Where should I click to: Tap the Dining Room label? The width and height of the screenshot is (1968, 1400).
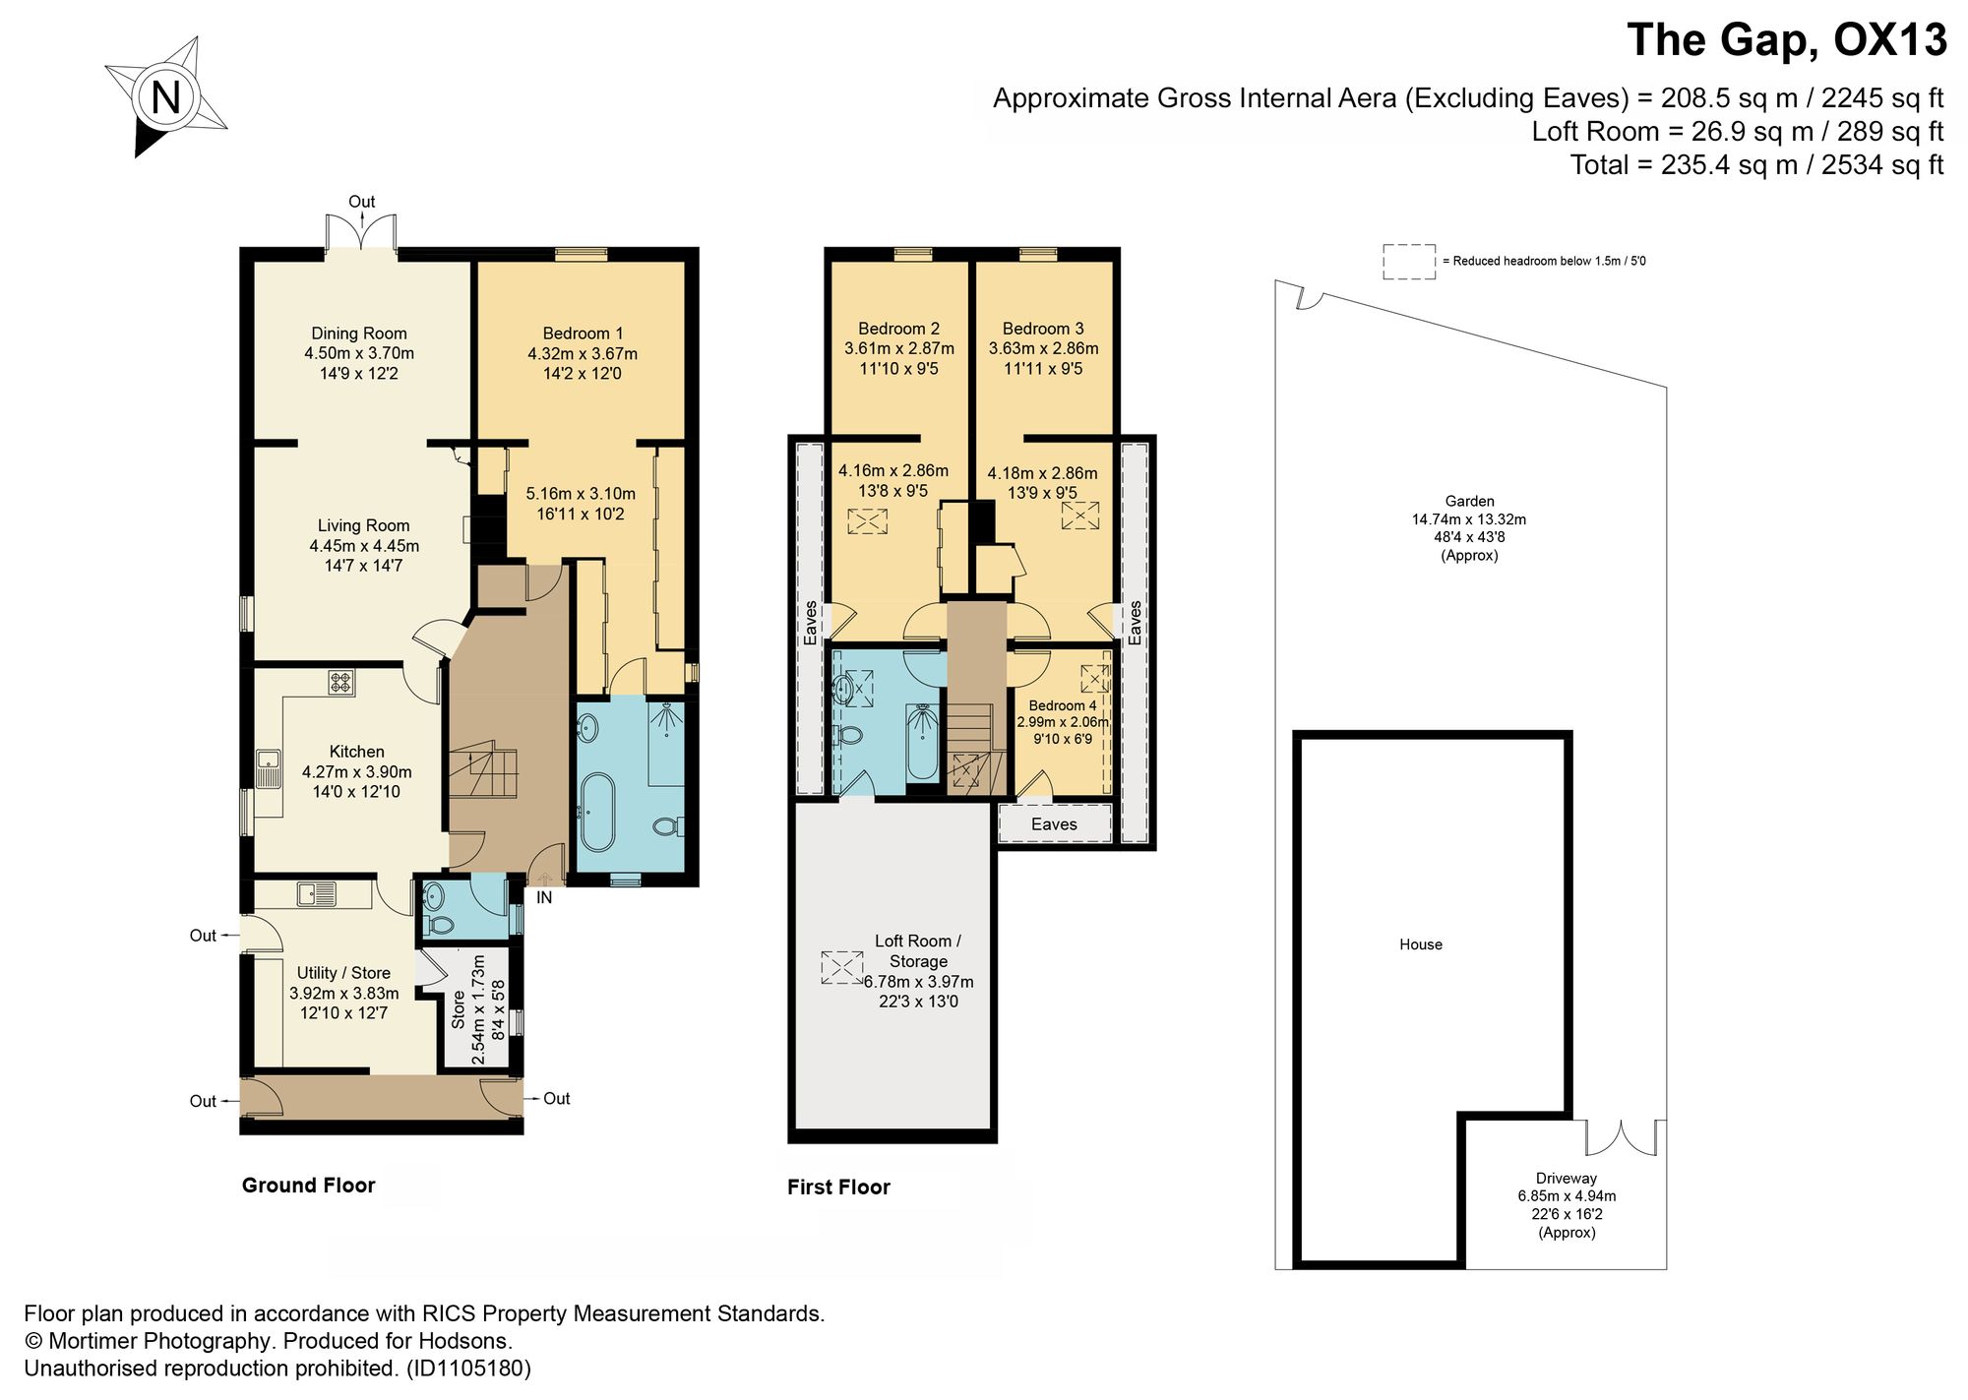click(359, 334)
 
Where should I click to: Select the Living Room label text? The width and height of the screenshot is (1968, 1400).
click(363, 525)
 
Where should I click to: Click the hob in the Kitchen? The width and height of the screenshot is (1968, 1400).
click(341, 682)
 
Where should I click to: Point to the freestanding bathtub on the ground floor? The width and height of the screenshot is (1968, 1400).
click(597, 813)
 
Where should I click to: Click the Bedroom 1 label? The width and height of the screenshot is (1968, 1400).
click(583, 334)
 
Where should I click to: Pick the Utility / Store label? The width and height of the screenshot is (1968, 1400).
click(343, 973)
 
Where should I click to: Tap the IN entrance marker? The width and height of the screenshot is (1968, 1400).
click(544, 897)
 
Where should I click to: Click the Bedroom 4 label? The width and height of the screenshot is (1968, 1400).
click(1063, 705)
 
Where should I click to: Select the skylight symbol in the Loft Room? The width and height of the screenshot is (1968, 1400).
click(842, 967)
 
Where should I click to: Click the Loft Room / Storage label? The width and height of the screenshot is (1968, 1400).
click(918, 950)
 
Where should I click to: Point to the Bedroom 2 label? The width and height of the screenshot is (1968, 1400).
click(898, 329)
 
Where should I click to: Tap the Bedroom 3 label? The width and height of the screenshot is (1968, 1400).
click(1043, 329)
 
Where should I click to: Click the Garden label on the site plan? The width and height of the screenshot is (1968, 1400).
click(1470, 501)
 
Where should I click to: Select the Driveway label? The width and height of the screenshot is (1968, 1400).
click(1567, 1178)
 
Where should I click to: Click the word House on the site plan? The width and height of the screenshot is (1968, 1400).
click(1421, 944)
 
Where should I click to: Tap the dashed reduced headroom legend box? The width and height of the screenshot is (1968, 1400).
click(1409, 262)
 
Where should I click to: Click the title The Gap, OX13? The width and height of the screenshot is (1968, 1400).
click(1787, 40)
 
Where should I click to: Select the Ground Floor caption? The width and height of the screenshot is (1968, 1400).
click(309, 1186)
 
